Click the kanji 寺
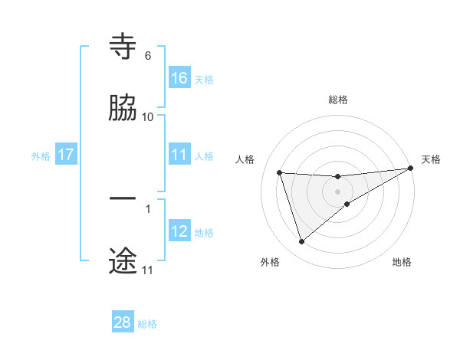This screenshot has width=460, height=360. pyautogui.click(x=123, y=47)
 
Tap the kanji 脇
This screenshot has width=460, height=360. pyautogui.click(x=123, y=108)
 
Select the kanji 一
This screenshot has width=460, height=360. pyautogui.click(x=123, y=199)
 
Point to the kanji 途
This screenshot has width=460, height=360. pyautogui.click(x=123, y=260)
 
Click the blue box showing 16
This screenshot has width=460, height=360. pyautogui.click(x=179, y=77)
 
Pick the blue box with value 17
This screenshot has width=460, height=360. pyautogui.click(x=66, y=155)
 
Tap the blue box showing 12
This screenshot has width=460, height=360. pyautogui.click(x=179, y=231)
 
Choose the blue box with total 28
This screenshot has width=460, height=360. pyautogui.click(x=123, y=322)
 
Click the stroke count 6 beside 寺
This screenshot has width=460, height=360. pyautogui.click(x=148, y=56)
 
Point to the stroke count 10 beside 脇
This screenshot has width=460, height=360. pyautogui.click(x=148, y=116)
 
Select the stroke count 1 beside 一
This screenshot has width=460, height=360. pyautogui.click(x=148, y=208)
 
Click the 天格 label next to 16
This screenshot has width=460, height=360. pyautogui.click(x=204, y=79)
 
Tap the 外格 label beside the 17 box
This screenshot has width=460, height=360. pyautogui.click(x=41, y=156)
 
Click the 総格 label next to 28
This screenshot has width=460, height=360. pyautogui.click(x=147, y=324)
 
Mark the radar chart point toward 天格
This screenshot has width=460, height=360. pyautogui.click(x=411, y=169)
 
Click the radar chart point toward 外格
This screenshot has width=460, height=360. pyautogui.click(x=301, y=242)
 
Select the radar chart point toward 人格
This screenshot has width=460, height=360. pyautogui.click(x=280, y=172)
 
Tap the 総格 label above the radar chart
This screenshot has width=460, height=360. pyautogui.click(x=338, y=100)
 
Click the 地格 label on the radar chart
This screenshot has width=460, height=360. pyautogui.click(x=402, y=263)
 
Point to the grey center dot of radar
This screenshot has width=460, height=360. pyautogui.click(x=338, y=191)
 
